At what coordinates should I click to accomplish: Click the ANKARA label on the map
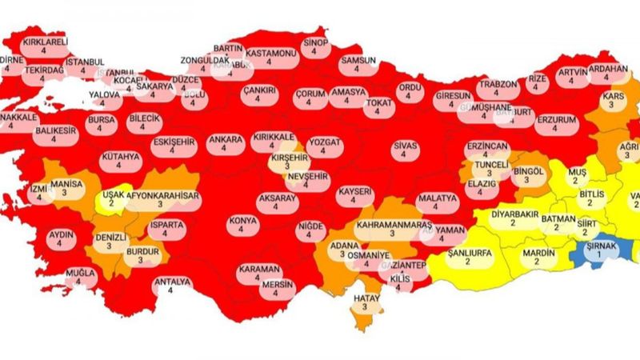click(226, 139)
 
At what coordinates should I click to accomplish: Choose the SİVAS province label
click(405, 146)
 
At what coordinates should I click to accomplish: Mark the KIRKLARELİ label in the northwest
click(45, 42)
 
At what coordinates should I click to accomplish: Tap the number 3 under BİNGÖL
click(527, 181)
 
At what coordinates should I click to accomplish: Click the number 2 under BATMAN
click(553, 227)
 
